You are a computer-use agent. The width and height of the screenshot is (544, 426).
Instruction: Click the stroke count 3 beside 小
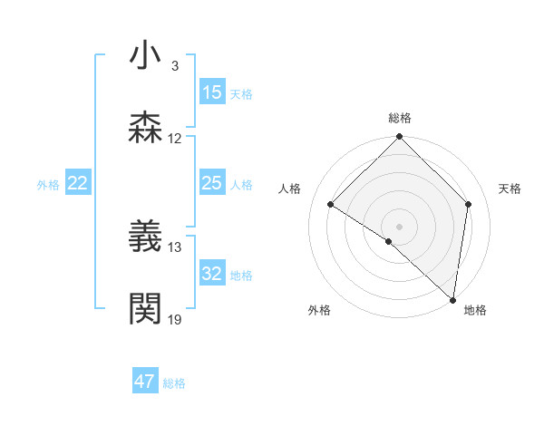(174, 66)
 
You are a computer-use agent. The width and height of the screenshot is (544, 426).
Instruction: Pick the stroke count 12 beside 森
(175, 139)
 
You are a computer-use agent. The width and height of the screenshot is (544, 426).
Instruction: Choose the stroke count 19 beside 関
(175, 320)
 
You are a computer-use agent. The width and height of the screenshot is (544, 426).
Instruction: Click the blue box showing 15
(212, 92)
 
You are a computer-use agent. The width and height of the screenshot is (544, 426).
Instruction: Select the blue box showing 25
(212, 183)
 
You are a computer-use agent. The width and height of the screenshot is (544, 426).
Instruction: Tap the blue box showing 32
(212, 273)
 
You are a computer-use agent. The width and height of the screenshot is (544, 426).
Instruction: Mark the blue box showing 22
(78, 183)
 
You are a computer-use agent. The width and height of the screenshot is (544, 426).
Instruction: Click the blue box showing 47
(145, 382)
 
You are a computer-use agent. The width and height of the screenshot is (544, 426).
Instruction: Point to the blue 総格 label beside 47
(174, 383)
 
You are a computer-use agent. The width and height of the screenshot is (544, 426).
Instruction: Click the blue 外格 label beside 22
(48, 185)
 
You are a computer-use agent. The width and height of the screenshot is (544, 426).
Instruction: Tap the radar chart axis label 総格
(400, 118)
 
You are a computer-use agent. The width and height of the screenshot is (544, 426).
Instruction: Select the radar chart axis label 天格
(510, 189)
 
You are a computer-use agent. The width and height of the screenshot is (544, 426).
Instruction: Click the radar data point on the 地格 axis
(453, 300)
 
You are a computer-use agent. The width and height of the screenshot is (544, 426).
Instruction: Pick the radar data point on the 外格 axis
(389, 241)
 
